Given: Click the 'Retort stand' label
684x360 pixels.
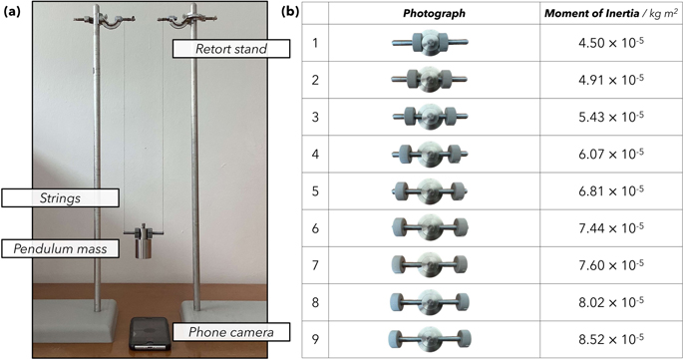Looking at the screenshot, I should (219, 48).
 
